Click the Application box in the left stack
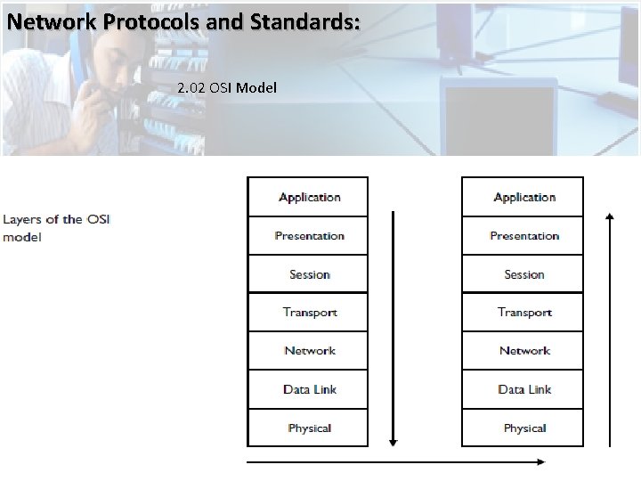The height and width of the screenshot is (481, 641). pos(308,197)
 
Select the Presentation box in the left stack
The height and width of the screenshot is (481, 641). pos(308,236)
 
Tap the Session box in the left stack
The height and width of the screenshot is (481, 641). pos(308,274)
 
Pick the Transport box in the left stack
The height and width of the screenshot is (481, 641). pos(308,313)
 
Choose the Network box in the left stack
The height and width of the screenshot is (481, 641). pos(308,351)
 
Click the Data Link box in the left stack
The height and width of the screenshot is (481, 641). pos(308,389)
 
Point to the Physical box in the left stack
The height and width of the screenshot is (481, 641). pos(308,428)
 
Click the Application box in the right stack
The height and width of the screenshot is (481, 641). pos(523,197)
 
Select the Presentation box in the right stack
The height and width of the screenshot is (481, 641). pos(523,236)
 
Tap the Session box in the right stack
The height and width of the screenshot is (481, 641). pos(523,274)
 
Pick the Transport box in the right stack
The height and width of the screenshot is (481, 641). pos(523,313)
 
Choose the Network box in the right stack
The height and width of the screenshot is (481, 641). pos(523,351)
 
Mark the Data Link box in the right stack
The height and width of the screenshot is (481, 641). pos(523,389)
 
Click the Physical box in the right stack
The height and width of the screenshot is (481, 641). pos(523,428)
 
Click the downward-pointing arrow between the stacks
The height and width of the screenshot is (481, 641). pos(394,330)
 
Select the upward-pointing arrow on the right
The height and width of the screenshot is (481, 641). pos(609,330)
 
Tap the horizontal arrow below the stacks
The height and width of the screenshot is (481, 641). pos(396,461)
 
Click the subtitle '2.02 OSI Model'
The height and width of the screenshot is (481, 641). pos(227,88)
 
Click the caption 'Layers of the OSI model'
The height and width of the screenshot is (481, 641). pos(55,228)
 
